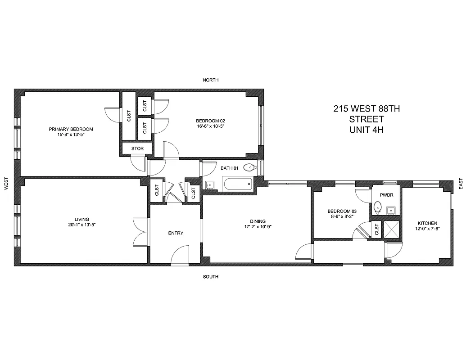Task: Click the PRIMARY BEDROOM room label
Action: pyautogui.click(x=71, y=129)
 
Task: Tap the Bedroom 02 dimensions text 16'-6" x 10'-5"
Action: pyautogui.click(x=210, y=126)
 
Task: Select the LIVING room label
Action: pyautogui.click(x=83, y=219)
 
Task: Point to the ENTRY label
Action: pyautogui.click(x=176, y=233)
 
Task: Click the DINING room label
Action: pyautogui.click(x=258, y=221)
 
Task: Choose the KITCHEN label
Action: pyautogui.click(x=427, y=223)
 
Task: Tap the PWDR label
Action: pyautogui.click(x=386, y=196)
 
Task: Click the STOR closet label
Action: pyautogui.click(x=137, y=148)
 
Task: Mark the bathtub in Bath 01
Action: pyautogui.click(x=237, y=184)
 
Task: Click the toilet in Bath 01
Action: pyautogui.click(x=249, y=168)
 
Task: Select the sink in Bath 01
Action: pyautogui.click(x=210, y=184)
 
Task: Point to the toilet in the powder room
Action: pyautogui.click(x=378, y=207)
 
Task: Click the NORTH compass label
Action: pyautogui.click(x=210, y=80)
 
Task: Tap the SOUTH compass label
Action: pyautogui.click(x=210, y=277)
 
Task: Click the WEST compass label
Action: pyautogui.click(x=6, y=183)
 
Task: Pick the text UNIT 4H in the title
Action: pyautogui.click(x=366, y=130)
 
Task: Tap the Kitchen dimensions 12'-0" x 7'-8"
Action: pyautogui.click(x=427, y=229)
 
